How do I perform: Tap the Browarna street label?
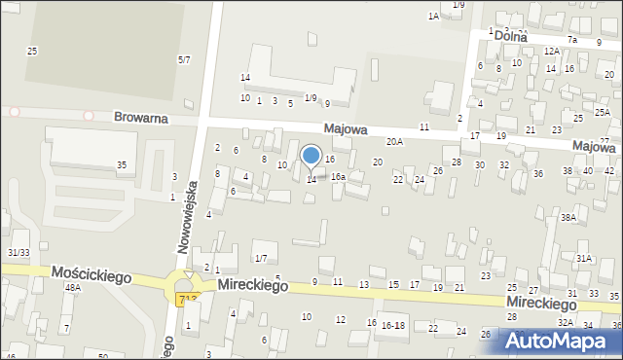[140, 117]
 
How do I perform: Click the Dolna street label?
[511, 36]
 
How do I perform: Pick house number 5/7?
[184, 60]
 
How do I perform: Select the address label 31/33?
[18, 253]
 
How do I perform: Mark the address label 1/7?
[261, 258]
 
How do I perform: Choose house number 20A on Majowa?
[394, 142]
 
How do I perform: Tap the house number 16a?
[338, 177]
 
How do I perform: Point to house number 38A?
[568, 218]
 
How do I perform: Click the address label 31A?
[584, 259]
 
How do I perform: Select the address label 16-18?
[393, 325]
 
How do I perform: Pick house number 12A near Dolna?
[551, 51]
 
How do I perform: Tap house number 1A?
[433, 17]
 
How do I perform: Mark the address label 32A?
[565, 322]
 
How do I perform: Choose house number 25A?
[603, 113]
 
